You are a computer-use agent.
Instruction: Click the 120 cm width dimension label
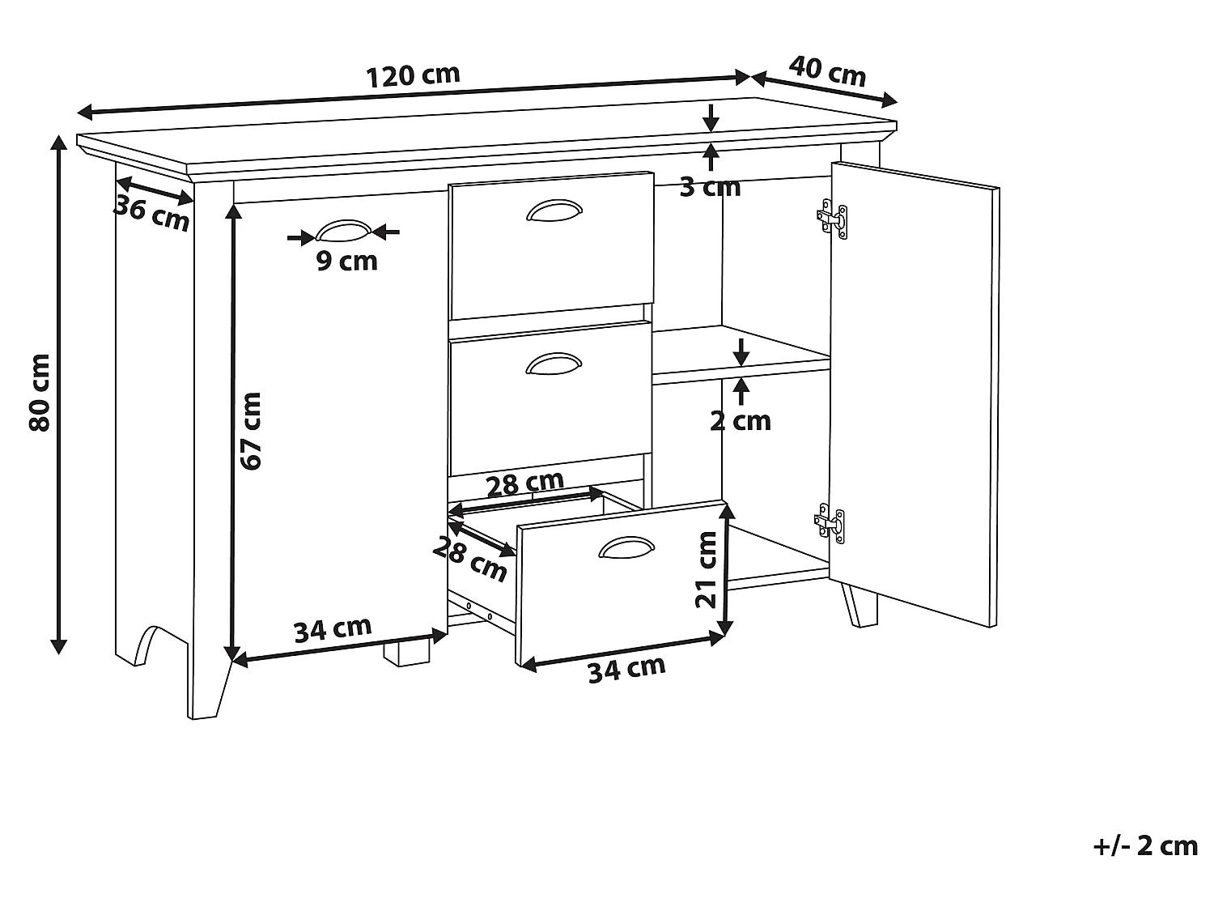(x=413, y=76)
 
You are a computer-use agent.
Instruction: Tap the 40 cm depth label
(x=827, y=71)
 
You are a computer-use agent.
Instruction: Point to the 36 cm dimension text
(x=151, y=213)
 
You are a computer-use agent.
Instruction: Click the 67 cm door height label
(x=251, y=431)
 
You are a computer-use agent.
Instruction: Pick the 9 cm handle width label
(x=346, y=261)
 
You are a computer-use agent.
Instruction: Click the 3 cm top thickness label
(x=710, y=187)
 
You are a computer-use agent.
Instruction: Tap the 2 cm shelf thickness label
(x=741, y=421)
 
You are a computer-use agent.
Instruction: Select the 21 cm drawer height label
(x=707, y=569)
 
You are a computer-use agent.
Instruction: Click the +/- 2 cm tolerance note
(x=1145, y=846)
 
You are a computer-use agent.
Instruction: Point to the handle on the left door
(x=343, y=232)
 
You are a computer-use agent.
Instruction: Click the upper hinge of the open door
(x=834, y=217)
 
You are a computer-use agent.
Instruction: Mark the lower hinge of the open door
(x=832, y=522)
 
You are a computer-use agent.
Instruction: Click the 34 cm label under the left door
(x=333, y=629)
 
